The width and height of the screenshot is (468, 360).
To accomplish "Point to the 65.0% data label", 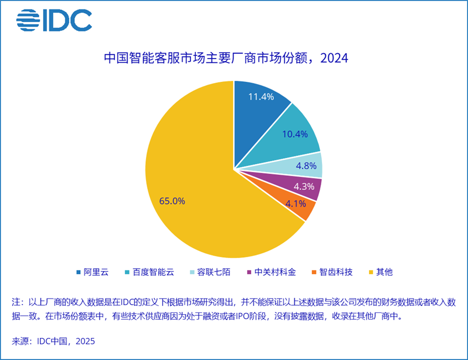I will pyautogui.click(x=172, y=201).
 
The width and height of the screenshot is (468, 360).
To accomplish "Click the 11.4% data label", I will pyautogui.click(x=261, y=97).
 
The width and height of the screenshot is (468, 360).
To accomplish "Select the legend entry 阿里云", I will pyautogui.click(x=92, y=272).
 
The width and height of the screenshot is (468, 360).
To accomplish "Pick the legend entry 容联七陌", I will pyautogui.click(x=215, y=272).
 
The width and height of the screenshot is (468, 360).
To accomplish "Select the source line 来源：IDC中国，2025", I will pyautogui.click(x=53, y=341).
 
